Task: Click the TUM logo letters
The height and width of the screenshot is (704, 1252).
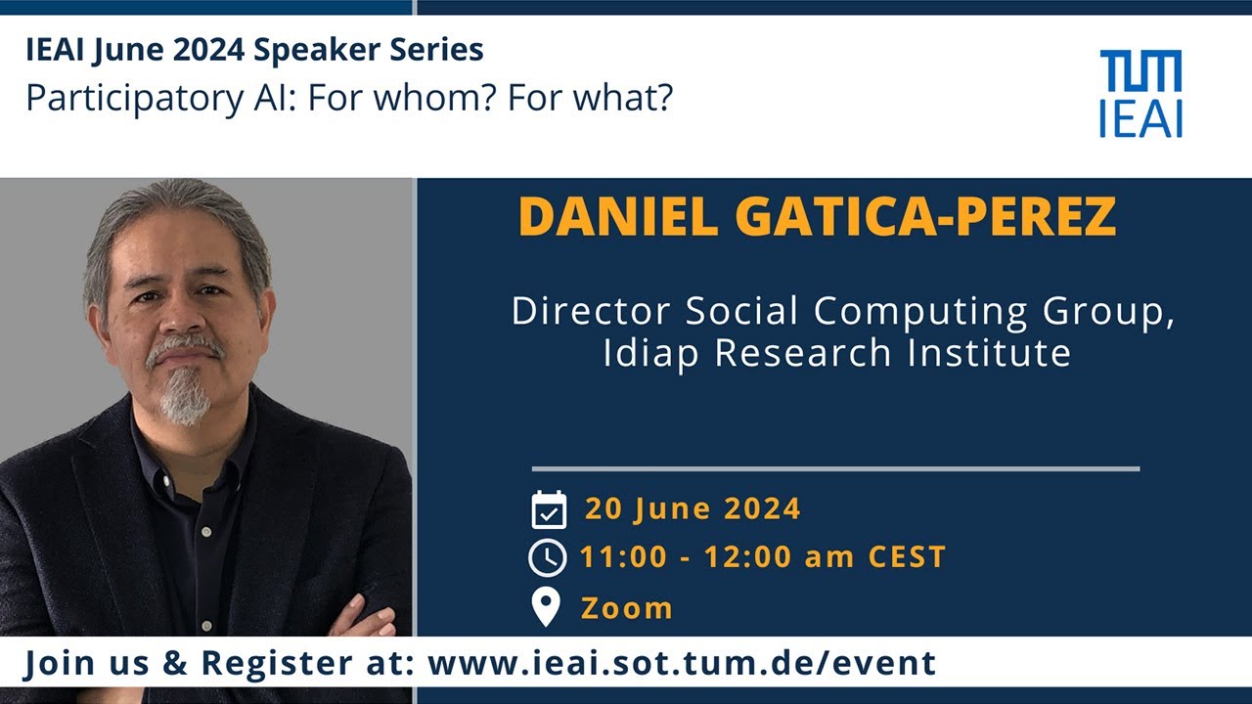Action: pos(1140,71)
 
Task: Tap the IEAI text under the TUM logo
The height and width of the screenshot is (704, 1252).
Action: pos(1140,118)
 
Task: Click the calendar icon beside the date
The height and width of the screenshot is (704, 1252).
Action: pos(549,509)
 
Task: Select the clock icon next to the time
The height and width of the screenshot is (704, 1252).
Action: pos(548,557)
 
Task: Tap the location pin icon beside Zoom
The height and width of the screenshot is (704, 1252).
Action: pos(546,607)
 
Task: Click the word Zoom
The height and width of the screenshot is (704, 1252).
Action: pos(627,608)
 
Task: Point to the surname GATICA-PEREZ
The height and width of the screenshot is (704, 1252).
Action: pos(925,217)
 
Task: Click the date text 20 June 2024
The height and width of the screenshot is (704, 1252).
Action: pos(693,509)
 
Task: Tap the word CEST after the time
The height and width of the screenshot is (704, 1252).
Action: pos(907,557)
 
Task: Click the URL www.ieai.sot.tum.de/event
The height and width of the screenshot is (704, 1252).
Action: pos(682,663)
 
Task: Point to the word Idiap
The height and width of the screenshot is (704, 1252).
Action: pos(651,353)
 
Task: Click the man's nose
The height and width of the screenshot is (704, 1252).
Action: pos(179,315)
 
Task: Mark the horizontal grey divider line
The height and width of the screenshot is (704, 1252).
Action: pos(835,469)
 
